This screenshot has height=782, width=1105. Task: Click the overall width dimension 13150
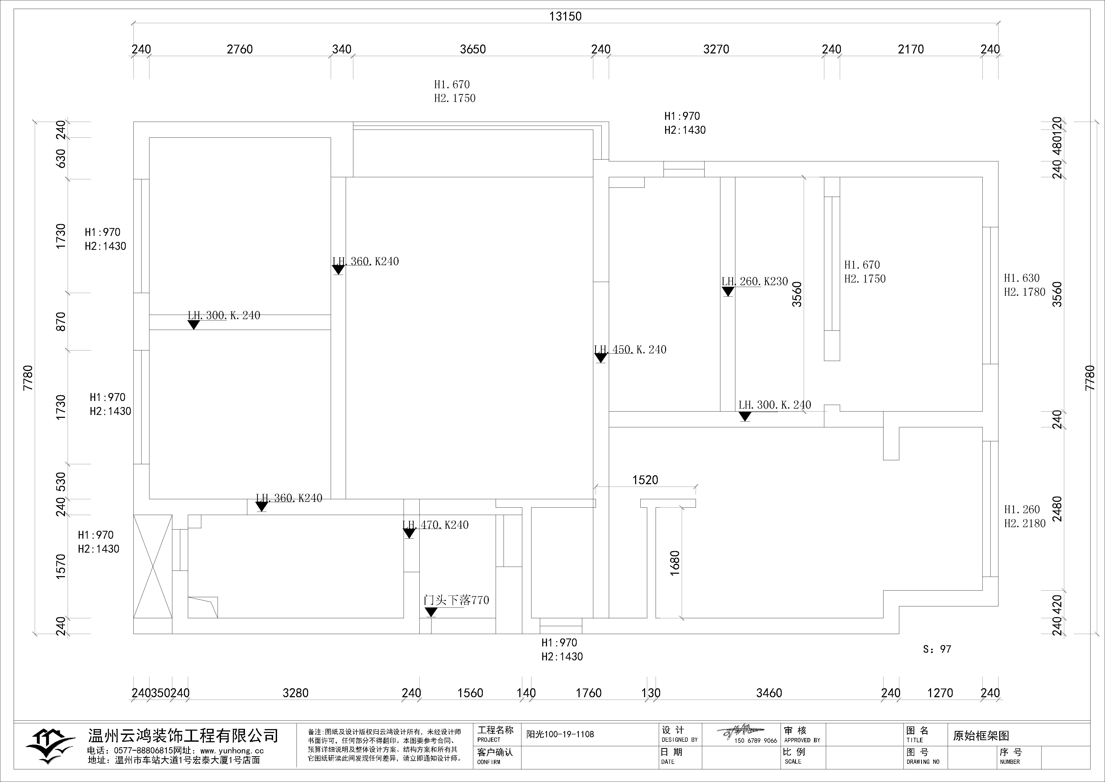click(x=565, y=16)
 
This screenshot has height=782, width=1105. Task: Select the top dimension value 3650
click(x=473, y=49)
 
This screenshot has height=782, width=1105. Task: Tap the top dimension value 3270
click(x=716, y=49)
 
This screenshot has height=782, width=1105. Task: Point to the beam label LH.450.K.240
click(x=630, y=350)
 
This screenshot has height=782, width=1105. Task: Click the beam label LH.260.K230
click(x=755, y=281)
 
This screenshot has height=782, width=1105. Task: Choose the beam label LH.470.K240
click(x=435, y=525)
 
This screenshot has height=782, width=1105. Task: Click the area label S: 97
click(x=937, y=649)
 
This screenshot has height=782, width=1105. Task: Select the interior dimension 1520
click(x=645, y=480)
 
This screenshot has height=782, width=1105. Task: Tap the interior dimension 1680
click(x=675, y=563)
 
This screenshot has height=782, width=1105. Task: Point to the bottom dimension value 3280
click(x=295, y=693)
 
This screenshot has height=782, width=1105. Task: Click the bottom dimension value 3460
click(x=769, y=693)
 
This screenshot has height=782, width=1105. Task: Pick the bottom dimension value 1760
click(x=589, y=693)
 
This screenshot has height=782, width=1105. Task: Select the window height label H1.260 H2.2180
click(x=1025, y=516)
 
